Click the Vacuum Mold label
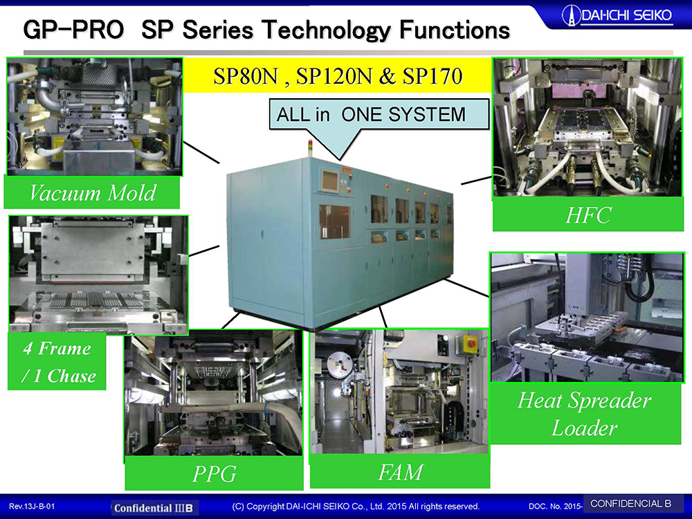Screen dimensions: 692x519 [x=92, y=193]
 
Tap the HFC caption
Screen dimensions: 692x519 [x=588, y=215]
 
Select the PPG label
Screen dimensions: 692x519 [x=214, y=473]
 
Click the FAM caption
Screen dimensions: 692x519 [x=400, y=472]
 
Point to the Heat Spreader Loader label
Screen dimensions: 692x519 [x=584, y=414]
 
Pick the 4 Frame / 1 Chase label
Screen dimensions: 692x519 [x=58, y=362]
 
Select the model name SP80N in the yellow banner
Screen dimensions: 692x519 [x=246, y=76]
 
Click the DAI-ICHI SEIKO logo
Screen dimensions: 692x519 [x=617, y=16]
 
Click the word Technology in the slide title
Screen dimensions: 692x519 [x=326, y=30]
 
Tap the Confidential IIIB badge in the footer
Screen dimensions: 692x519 [x=154, y=507]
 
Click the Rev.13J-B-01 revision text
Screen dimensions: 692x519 [x=33, y=507]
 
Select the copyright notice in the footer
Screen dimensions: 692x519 [x=356, y=507]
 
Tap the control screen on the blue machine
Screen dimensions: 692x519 [x=329, y=181]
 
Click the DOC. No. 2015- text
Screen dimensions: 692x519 [x=556, y=507]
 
